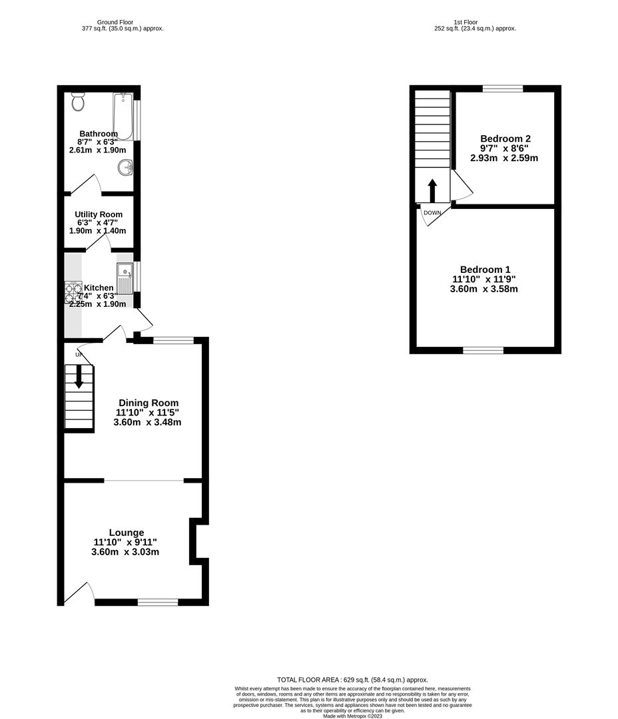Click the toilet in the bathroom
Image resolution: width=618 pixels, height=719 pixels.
pyautogui.click(x=78, y=101)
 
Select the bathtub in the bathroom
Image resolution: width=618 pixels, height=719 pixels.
pyautogui.click(x=123, y=116)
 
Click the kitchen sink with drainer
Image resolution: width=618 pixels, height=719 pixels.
pyautogui.click(x=125, y=278)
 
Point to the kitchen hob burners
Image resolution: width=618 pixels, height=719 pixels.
pyautogui.click(x=72, y=293)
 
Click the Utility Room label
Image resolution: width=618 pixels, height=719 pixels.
pyautogui.click(x=99, y=214)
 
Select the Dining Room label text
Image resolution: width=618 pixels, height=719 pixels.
pyautogui.click(x=149, y=403)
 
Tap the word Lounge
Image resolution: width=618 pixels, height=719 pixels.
pyautogui.click(x=127, y=533)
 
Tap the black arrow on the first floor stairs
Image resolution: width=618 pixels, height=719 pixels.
pyautogui.click(x=432, y=190)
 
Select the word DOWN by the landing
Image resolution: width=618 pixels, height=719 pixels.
pyautogui.click(x=432, y=213)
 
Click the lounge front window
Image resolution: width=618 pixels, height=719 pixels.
pyautogui.click(x=158, y=602)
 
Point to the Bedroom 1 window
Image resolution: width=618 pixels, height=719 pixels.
pyautogui.click(x=483, y=350)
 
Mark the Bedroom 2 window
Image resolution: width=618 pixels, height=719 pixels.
pyautogui.click(x=503, y=89)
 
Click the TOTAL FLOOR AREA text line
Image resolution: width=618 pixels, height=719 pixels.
pyautogui.click(x=352, y=680)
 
